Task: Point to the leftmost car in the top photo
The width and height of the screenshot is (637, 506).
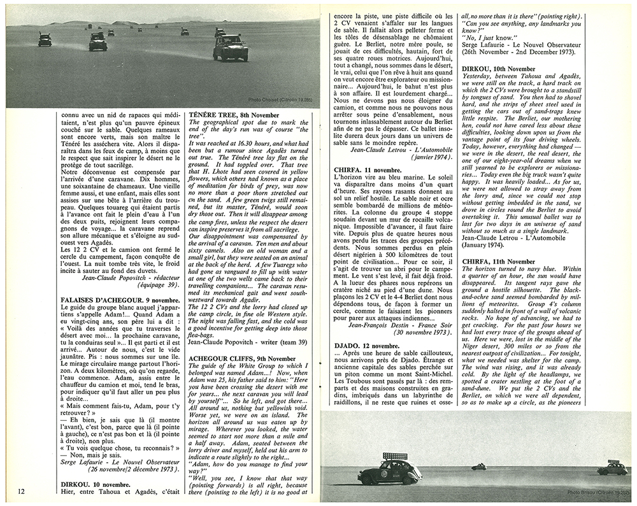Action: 45,39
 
